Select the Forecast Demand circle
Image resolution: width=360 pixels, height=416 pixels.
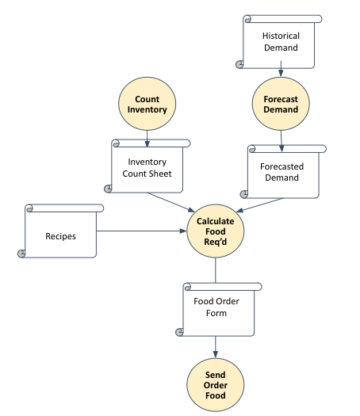(281, 105)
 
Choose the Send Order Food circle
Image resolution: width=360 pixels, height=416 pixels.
(216, 385)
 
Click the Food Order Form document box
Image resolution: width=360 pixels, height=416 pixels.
(216, 309)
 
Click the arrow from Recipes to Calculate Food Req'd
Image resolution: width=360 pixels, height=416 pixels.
(143, 231)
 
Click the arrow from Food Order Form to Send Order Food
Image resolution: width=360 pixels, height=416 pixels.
(216, 347)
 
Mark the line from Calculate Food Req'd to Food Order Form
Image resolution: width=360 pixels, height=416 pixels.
(216, 269)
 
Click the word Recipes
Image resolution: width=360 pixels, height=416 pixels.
(61, 235)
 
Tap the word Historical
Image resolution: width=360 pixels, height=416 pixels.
(281, 36)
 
